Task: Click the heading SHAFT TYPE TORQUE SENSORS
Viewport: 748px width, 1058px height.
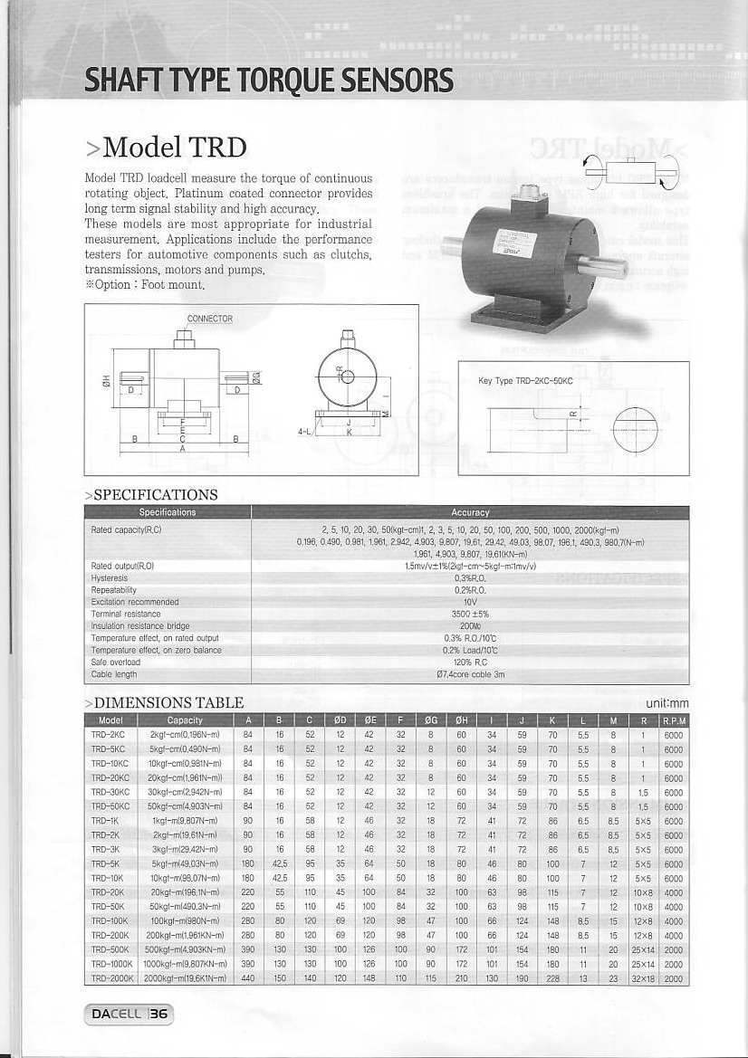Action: tap(269, 81)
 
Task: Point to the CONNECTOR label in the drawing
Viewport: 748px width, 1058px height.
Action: tap(209, 319)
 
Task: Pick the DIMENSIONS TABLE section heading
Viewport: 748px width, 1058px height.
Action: tap(163, 702)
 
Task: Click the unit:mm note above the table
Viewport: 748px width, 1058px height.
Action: tap(667, 702)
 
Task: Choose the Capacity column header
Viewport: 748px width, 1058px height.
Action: tap(185, 720)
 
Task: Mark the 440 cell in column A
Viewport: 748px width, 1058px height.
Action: tap(246, 979)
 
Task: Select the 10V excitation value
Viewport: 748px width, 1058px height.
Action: tap(470, 601)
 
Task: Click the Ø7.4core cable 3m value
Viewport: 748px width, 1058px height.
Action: tap(470, 674)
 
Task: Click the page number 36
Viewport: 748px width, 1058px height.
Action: tap(158, 1015)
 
